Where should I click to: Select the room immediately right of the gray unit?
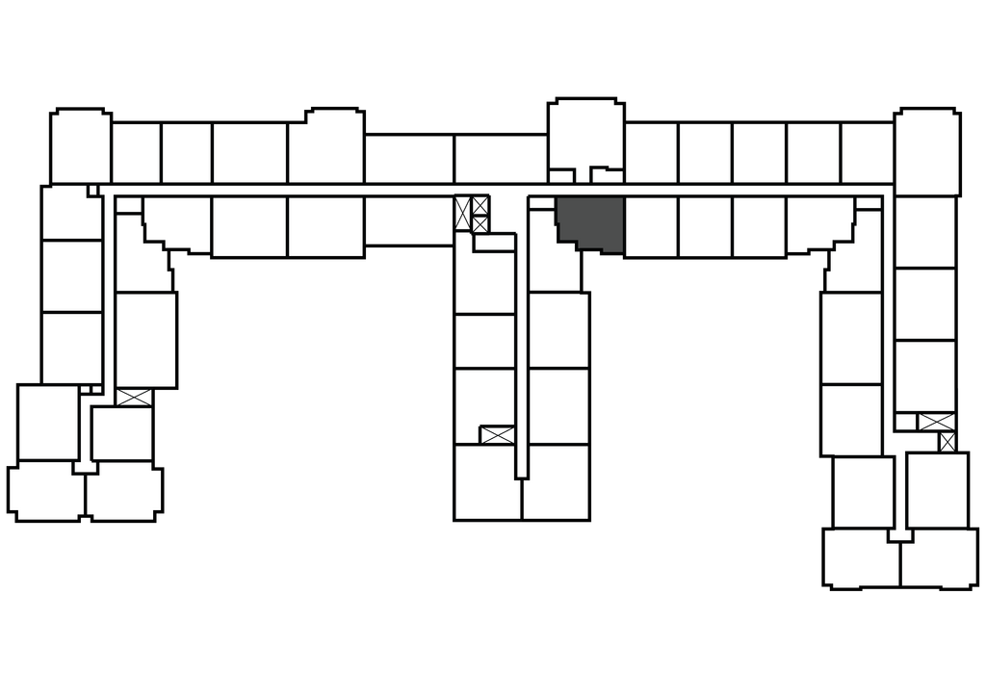(651, 226)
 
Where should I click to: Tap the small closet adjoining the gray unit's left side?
(542, 204)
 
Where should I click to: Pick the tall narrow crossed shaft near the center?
(462, 213)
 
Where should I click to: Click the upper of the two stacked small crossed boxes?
(480, 205)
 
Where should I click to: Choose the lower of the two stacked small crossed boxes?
(480, 224)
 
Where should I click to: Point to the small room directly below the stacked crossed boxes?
(495, 243)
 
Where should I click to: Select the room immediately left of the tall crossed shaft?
(408, 219)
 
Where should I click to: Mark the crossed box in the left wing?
(134, 396)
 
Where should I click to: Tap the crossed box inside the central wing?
(497, 434)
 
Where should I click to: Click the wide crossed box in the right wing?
(935, 422)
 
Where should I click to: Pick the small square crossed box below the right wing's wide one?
(947, 442)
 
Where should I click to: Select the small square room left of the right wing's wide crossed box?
(905, 422)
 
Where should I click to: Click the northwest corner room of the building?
(80, 146)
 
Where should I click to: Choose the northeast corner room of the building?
(926, 152)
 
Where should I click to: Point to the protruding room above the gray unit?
(584, 135)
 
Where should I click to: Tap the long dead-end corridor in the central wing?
(521, 337)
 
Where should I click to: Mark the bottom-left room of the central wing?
(487, 481)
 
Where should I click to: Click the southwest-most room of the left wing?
(46, 491)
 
